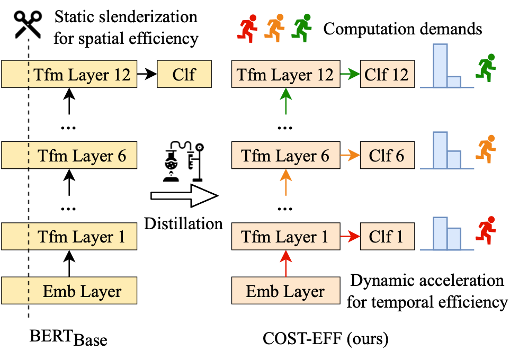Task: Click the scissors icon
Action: click(28, 24)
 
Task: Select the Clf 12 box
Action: click(387, 74)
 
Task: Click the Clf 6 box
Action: click(387, 156)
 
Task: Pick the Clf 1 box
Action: click(387, 236)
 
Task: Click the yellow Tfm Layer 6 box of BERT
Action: click(69, 156)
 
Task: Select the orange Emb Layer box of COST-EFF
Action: click(285, 291)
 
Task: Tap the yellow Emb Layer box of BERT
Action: click(69, 291)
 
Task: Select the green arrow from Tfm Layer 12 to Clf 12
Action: click(349, 74)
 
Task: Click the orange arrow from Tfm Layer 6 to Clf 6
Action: click(349, 156)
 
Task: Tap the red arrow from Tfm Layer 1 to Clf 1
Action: click(349, 236)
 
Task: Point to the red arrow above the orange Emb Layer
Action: click(285, 264)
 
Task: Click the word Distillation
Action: click(183, 223)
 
